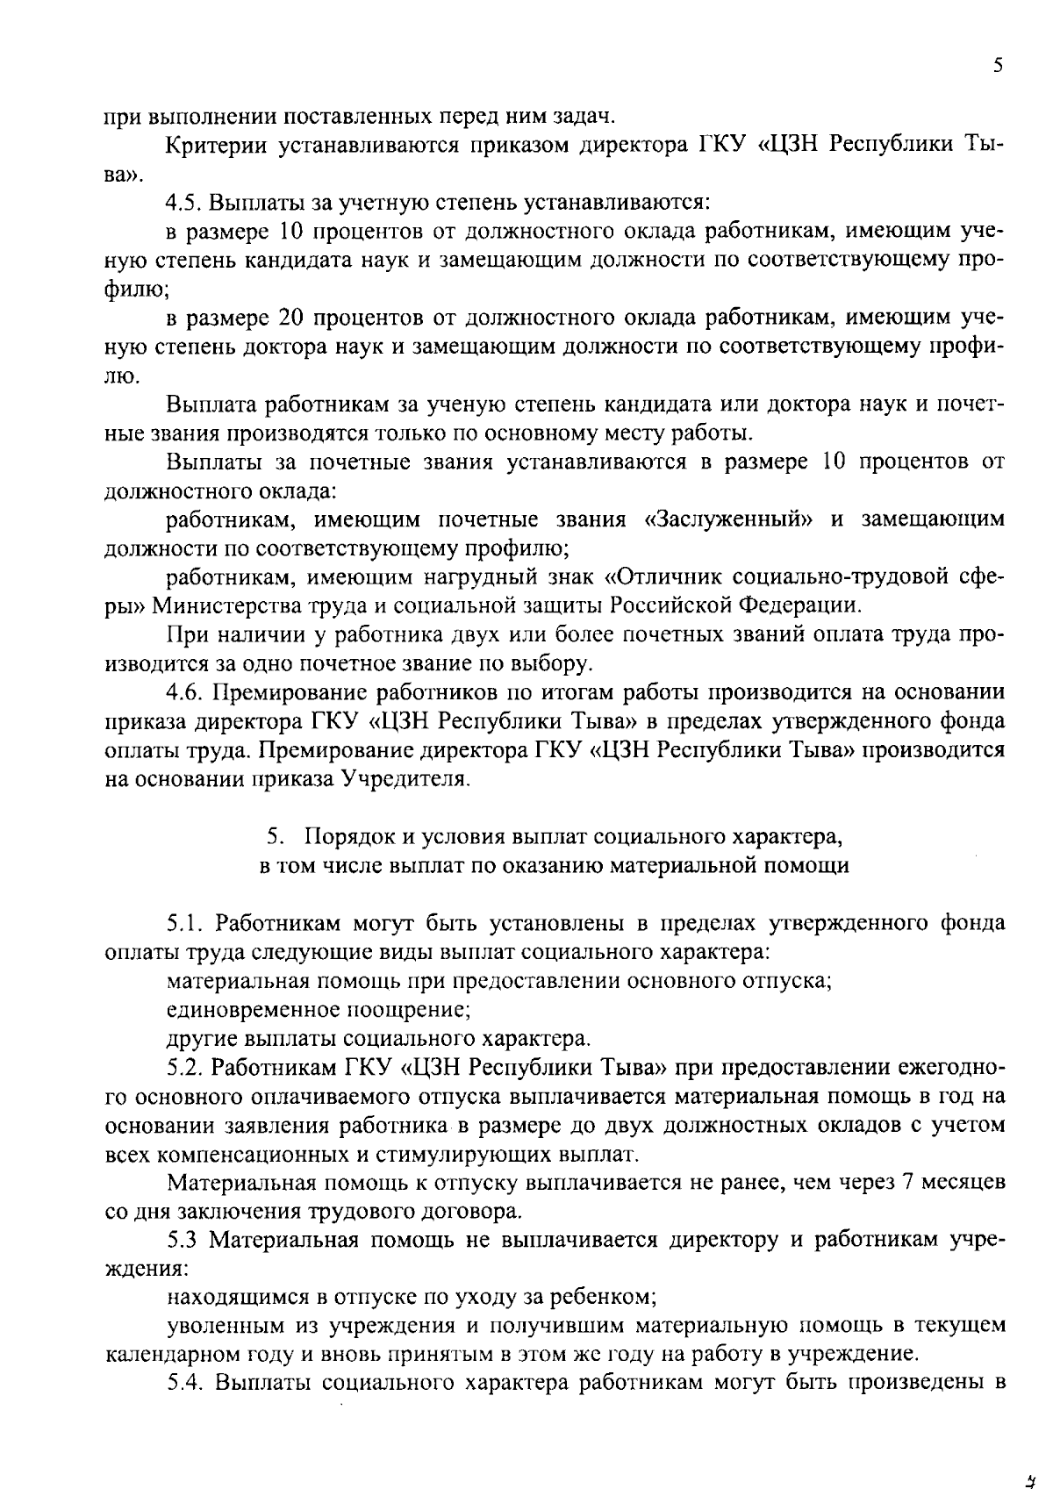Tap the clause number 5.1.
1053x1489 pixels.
[x=186, y=924]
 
